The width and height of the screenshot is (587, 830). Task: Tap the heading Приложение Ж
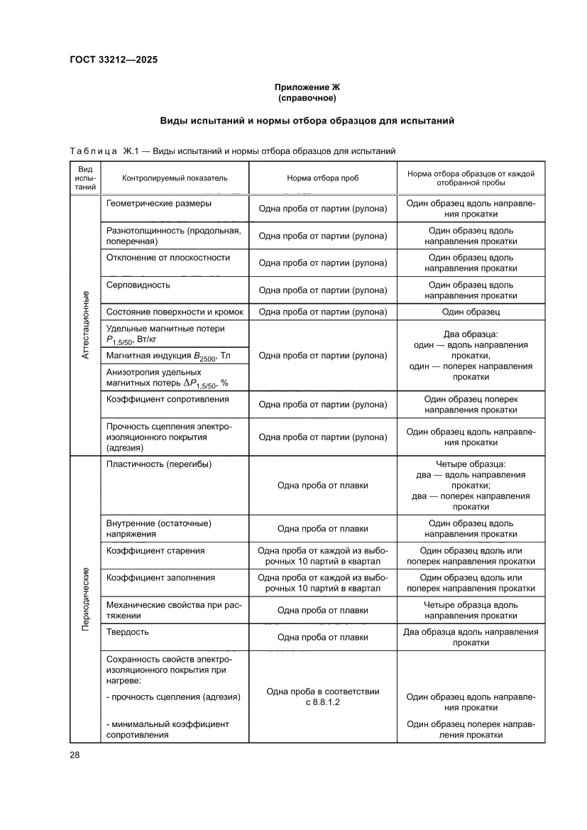[306, 87]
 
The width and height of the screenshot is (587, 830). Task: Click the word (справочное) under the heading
[306, 97]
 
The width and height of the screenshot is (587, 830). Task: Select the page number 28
[75, 754]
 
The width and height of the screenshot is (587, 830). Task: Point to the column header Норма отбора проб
[322, 178]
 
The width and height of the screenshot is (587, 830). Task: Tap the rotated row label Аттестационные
[85, 324]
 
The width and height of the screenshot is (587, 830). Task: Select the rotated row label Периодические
[85, 599]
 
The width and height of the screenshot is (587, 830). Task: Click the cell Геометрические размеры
[158, 203]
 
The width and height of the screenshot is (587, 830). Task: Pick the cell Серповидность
[138, 284]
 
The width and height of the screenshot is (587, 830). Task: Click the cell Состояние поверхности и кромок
[175, 312]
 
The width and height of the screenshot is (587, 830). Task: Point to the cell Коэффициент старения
[155, 550]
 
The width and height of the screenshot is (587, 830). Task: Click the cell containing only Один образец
[471, 312]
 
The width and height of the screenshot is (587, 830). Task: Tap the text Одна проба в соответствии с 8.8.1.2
[322, 696]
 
